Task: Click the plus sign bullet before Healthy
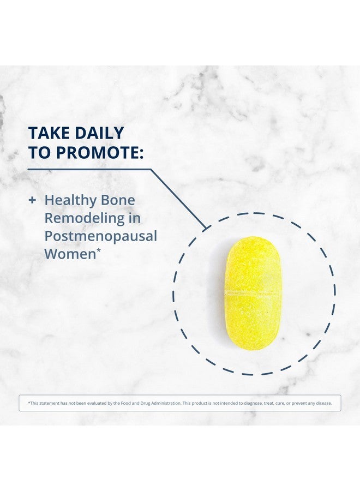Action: pyautogui.click(x=32, y=200)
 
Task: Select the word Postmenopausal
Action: pyautogui.click(x=100, y=236)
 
